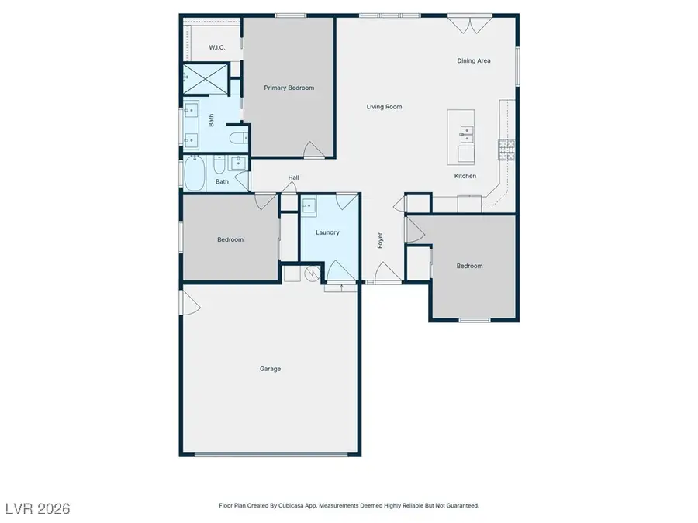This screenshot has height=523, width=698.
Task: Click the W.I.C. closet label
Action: [216, 48]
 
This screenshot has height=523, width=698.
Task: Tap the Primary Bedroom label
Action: [289, 88]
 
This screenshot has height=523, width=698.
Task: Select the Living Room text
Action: [384, 107]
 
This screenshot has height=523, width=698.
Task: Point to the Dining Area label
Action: [473, 60]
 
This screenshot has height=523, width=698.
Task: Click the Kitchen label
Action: [465, 176]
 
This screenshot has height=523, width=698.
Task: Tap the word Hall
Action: [294, 177]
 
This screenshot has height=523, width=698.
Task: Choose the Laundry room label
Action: [327, 232]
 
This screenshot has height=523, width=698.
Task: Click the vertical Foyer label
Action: [381, 240]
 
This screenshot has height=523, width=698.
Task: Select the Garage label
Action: [270, 369]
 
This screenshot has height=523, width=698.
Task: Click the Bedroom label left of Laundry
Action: [230, 239]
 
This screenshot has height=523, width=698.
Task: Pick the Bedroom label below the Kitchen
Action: [469, 266]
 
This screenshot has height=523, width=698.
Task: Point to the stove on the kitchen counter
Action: [506, 149]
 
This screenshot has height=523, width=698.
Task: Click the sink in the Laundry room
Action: [309, 206]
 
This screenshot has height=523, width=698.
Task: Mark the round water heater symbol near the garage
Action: [313, 273]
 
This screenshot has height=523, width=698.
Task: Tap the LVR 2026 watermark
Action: [36, 508]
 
